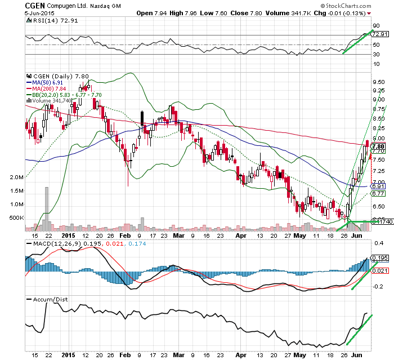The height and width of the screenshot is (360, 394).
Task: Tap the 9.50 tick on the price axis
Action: (378, 81)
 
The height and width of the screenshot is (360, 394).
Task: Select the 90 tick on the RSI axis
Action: (377, 26)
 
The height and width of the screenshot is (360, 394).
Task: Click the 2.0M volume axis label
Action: (16, 177)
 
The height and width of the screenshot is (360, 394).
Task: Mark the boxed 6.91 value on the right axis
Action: (378, 186)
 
